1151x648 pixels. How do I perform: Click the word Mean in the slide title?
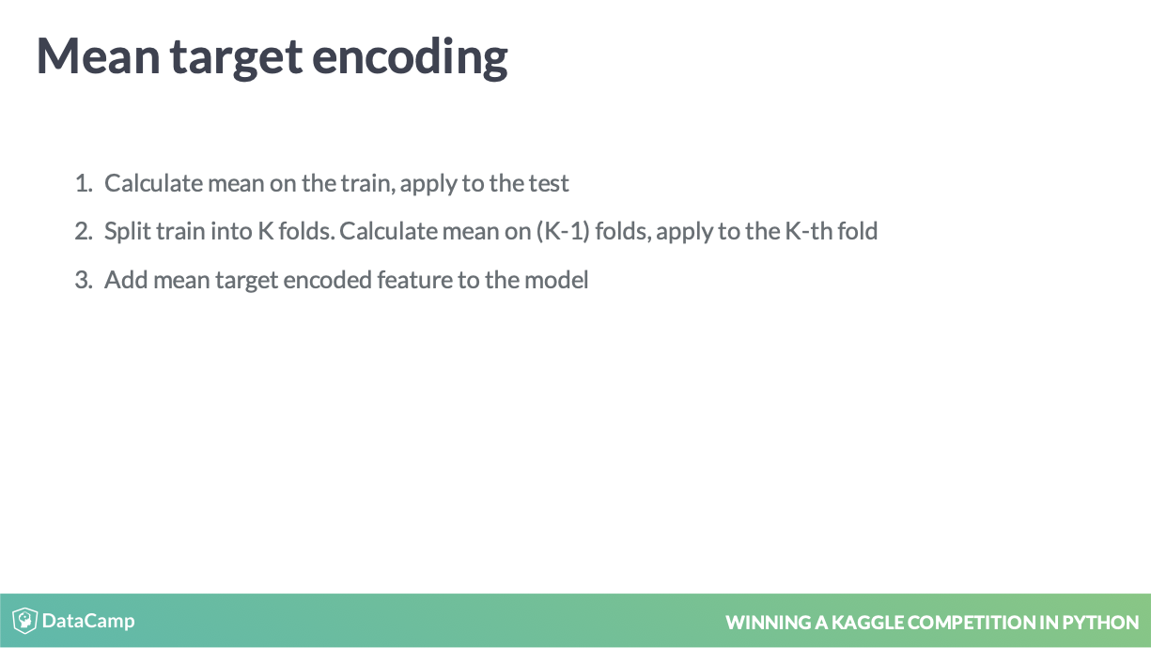pyautogui.click(x=98, y=56)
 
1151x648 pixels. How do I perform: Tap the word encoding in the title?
pyautogui.click(x=410, y=58)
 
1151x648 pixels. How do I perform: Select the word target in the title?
pyautogui.click(x=237, y=59)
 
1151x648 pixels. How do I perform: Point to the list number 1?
pyautogui.click(x=84, y=183)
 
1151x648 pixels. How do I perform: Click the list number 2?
pyautogui.click(x=84, y=231)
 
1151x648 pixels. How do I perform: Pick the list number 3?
pyautogui.click(x=84, y=280)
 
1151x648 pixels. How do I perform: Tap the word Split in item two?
pyautogui.click(x=128, y=232)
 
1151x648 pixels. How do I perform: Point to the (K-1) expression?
pyautogui.click(x=563, y=231)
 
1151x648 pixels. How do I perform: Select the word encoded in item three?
pyautogui.click(x=327, y=280)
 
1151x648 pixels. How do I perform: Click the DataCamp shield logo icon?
pyautogui.click(x=24, y=620)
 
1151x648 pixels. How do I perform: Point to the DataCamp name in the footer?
pyautogui.click(x=88, y=621)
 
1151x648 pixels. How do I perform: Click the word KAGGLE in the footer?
pyautogui.click(x=867, y=623)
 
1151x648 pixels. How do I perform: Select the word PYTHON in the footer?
pyautogui.click(x=1100, y=623)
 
